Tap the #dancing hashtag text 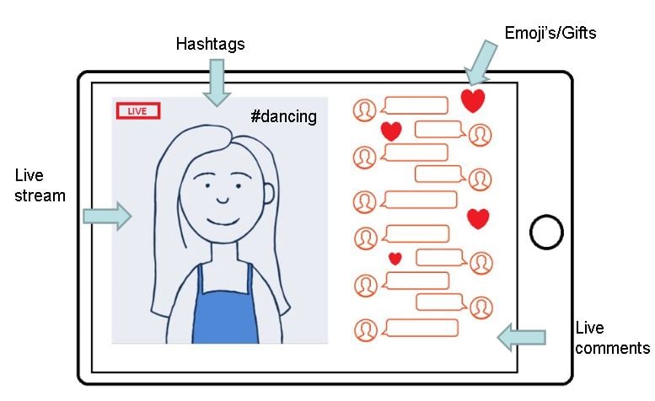click(x=284, y=117)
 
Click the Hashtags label click(x=210, y=43)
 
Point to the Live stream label click(x=40, y=185)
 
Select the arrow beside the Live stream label click(x=107, y=216)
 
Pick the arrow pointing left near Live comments click(x=521, y=337)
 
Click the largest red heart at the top click(x=473, y=101)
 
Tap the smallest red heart click(x=395, y=258)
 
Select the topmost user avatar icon click(x=364, y=110)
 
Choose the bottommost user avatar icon click(x=365, y=330)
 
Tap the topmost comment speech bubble click(x=415, y=106)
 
